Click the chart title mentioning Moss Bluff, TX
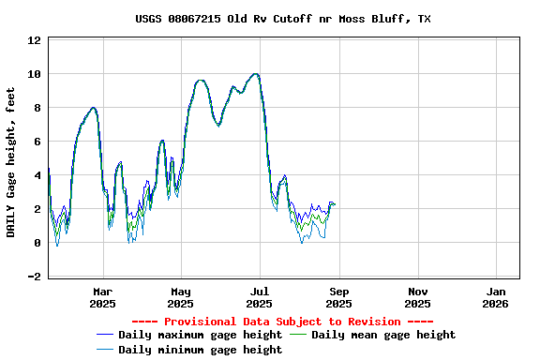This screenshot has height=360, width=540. click(283, 19)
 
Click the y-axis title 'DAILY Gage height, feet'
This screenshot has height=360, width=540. click(11, 162)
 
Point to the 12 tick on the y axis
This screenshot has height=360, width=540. click(34, 40)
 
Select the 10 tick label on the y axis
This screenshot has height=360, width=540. click(34, 74)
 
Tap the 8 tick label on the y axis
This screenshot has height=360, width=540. click(37, 108)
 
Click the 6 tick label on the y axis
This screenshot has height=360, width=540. click(37, 142)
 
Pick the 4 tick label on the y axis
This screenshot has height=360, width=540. click(37, 175)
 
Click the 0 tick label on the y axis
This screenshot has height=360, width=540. click(37, 243)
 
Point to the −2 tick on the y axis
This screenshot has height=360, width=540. click(34, 277)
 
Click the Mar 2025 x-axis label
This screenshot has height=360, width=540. click(102, 297)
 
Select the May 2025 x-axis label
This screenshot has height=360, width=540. click(181, 297)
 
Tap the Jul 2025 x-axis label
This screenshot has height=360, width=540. click(260, 297)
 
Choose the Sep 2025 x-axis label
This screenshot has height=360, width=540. click(338, 297)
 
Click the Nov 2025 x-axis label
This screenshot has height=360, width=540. click(417, 297)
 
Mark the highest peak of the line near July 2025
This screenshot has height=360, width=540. click(255, 73)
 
